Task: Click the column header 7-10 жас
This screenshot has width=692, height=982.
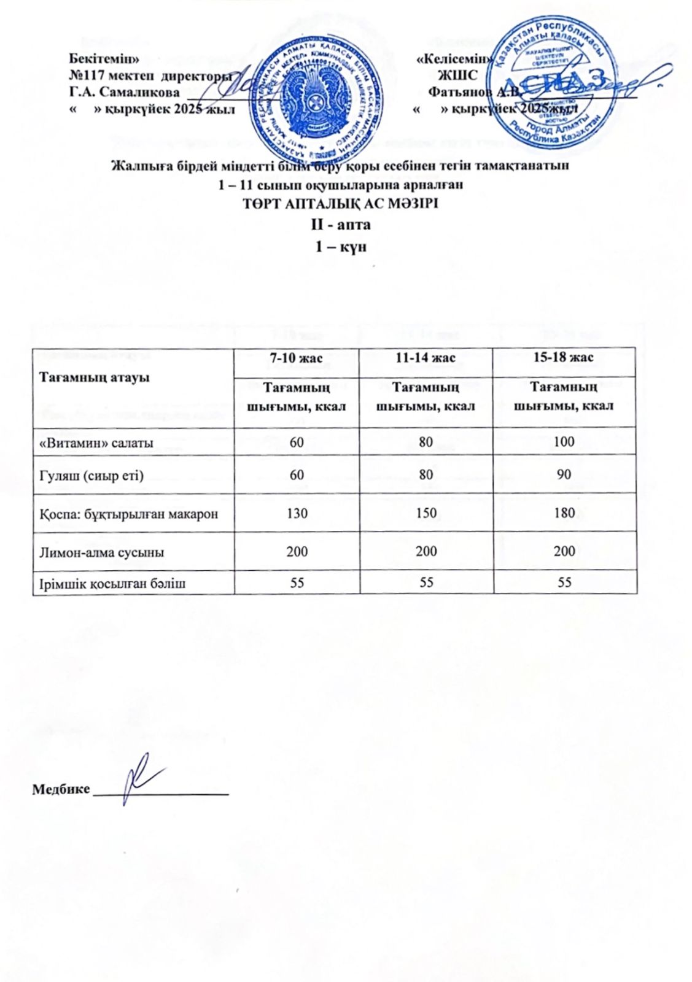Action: tap(297, 358)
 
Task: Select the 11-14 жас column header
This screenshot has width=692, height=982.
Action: tap(426, 358)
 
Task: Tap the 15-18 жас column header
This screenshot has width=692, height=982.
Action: tap(565, 358)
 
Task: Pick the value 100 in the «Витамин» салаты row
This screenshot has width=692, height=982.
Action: tap(565, 442)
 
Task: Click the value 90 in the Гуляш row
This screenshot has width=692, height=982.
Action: tap(565, 475)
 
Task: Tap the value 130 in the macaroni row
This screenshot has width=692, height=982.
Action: tap(297, 513)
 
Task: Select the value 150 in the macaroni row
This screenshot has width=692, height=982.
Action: tap(426, 513)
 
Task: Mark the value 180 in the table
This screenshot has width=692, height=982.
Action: tap(565, 513)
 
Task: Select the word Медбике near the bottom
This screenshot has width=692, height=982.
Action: tap(61, 789)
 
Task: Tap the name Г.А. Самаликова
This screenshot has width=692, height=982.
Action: tap(124, 93)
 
